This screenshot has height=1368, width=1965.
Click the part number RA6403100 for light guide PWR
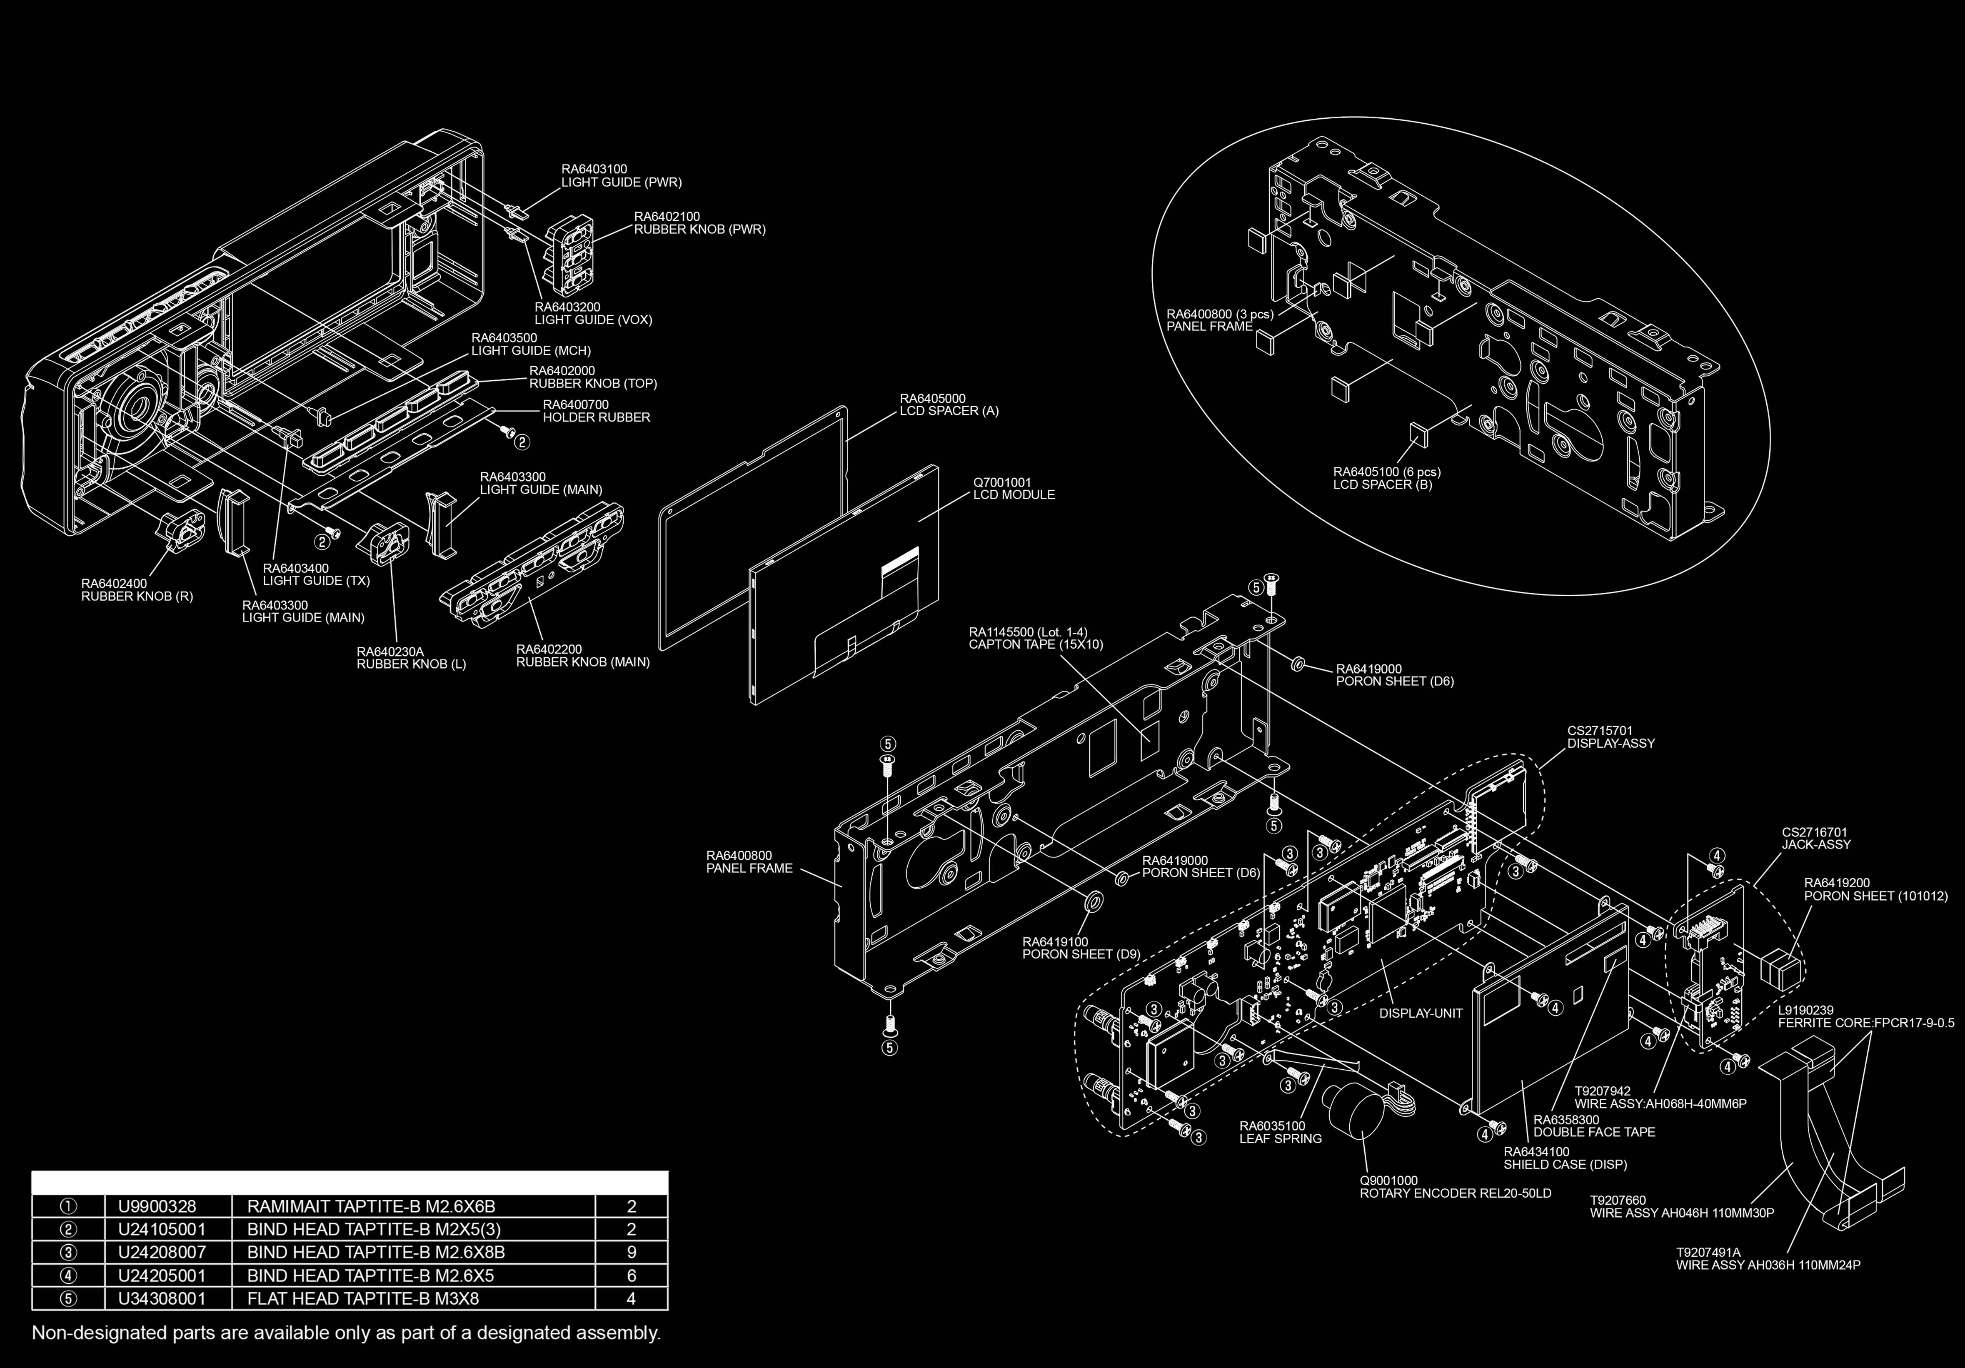pos(594,170)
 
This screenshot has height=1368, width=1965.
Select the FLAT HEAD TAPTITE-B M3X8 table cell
pos(363,1299)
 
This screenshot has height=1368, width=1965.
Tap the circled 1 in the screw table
pos(68,1206)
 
